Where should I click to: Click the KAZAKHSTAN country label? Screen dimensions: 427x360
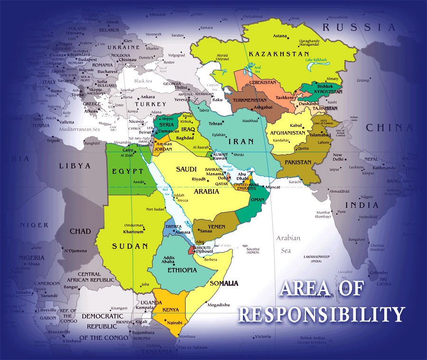click(278, 54)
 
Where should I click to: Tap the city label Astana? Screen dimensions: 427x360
click(280, 36)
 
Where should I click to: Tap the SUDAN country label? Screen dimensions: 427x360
click(130, 246)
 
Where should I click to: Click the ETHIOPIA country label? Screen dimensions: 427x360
click(182, 270)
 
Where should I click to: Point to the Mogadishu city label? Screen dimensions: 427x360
click(219, 304)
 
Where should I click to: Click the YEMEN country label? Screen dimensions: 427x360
click(217, 227)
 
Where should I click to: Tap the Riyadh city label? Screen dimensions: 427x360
click(199, 179)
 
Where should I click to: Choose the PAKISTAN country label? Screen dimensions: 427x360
click(298, 162)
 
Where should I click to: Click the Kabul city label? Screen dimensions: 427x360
click(296, 125)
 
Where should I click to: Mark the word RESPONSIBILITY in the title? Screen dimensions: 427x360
click(321, 314)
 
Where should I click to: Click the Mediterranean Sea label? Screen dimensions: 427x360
click(76, 129)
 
